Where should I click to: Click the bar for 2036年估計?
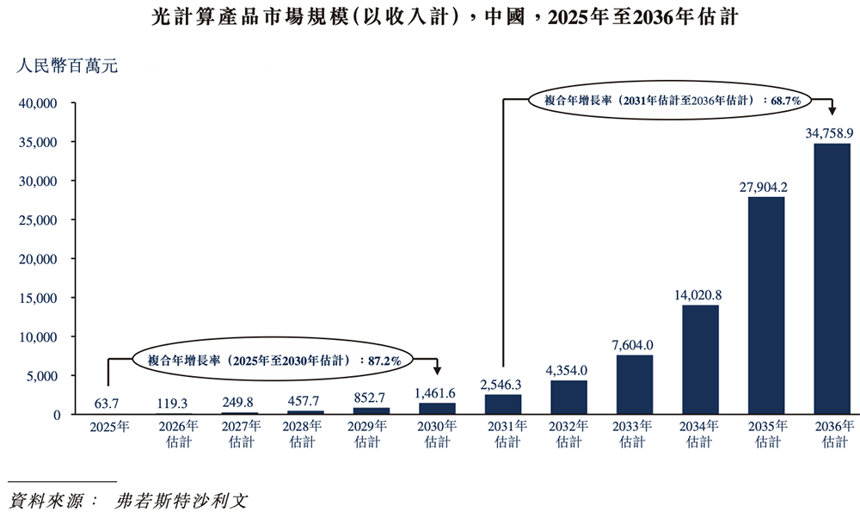point(832,279)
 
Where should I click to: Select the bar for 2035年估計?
point(765,305)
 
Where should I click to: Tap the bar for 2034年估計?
point(700,360)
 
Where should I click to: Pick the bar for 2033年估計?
point(634,385)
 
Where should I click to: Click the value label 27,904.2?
point(765,187)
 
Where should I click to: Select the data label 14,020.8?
point(699,295)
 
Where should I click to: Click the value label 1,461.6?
point(437,392)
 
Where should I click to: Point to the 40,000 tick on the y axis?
point(37,103)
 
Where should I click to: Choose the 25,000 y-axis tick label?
point(37,220)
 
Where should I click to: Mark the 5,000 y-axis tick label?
point(40,376)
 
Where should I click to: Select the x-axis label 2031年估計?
point(502,434)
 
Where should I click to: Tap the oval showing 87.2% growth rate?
point(273,361)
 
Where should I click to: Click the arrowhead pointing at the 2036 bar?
point(832,111)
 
